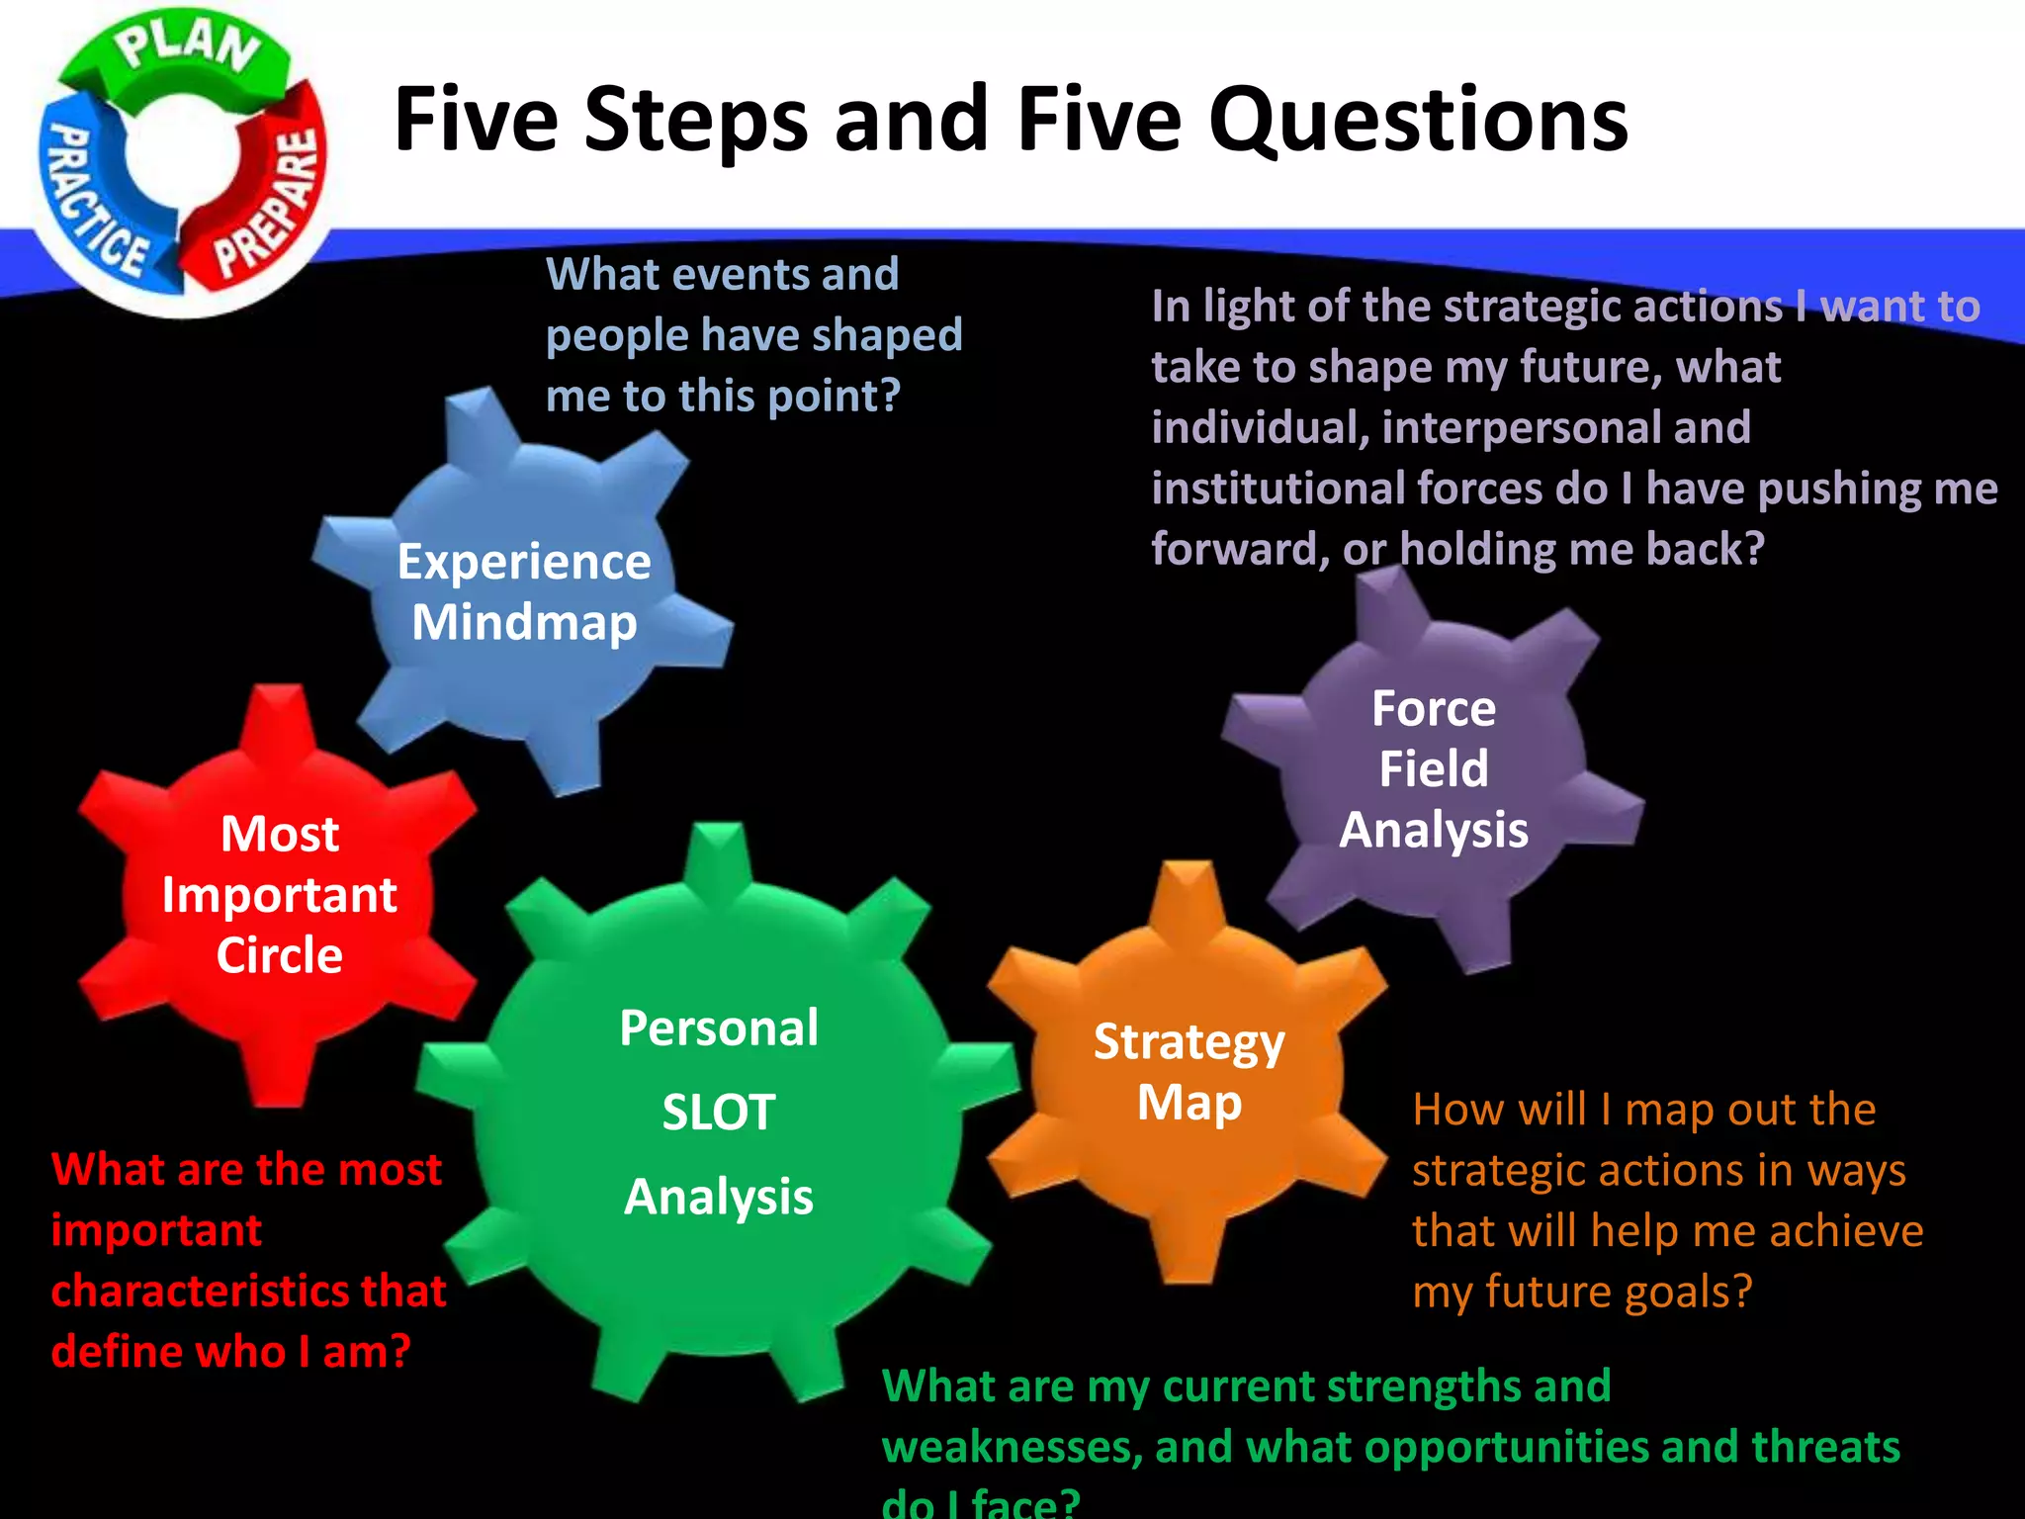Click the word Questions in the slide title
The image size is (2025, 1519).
(1418, 121)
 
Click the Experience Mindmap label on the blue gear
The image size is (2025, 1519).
(524, 591)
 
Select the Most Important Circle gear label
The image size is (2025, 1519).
(280, 894)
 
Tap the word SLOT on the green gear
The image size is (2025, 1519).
(719, 1113)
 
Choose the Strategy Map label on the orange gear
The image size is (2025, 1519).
(1189, 1072)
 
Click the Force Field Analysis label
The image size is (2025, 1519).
(1434, 769)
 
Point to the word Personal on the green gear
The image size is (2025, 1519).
(719, 1028)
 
